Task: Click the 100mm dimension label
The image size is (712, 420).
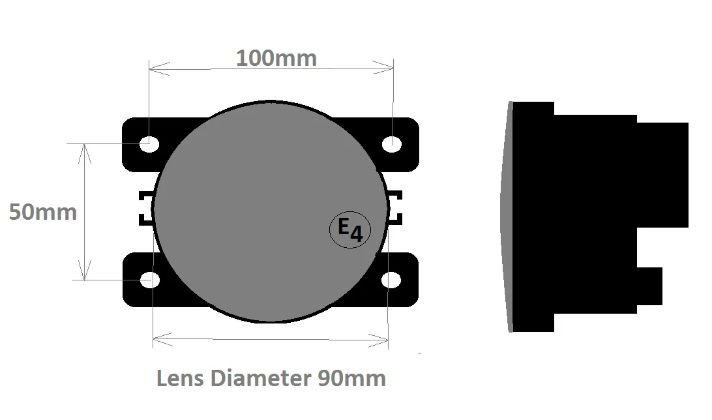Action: point(276,58)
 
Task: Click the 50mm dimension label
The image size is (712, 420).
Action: point(42,212)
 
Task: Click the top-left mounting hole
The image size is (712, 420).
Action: point(149,143)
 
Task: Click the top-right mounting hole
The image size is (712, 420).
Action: point(392,144)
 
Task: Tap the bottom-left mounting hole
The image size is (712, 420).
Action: point(150,280)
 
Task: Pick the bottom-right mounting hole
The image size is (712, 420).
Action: point(391,280)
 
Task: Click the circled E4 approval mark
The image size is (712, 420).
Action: point(350,230)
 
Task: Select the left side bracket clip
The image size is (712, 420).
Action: point(144,208)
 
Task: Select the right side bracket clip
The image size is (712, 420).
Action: point(396,208)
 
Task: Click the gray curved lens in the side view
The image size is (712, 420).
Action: point(506,215)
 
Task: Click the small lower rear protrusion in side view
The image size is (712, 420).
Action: point(649,286)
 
